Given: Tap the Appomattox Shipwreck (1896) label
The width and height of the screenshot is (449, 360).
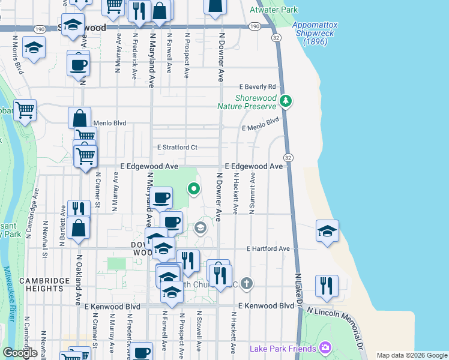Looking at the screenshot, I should click(316, 33).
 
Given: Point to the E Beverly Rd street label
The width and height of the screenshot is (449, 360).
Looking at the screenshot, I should click(258, 86).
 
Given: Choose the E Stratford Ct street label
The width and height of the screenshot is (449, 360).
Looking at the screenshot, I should click(177, 147).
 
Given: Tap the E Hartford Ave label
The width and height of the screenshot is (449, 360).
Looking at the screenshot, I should click(268, 248).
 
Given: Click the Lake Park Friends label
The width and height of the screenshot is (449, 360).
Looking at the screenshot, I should click(283, 349).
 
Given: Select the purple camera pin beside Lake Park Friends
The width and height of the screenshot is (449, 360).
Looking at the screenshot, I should click(325, 347).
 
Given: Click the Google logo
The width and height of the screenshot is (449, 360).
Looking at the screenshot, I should click(20, 353).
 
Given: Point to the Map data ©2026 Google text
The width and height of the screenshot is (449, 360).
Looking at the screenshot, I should click(412, 355).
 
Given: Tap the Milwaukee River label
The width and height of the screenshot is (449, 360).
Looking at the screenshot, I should click(10, 294).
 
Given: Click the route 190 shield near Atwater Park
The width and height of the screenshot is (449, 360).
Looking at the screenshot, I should click(254, 26).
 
